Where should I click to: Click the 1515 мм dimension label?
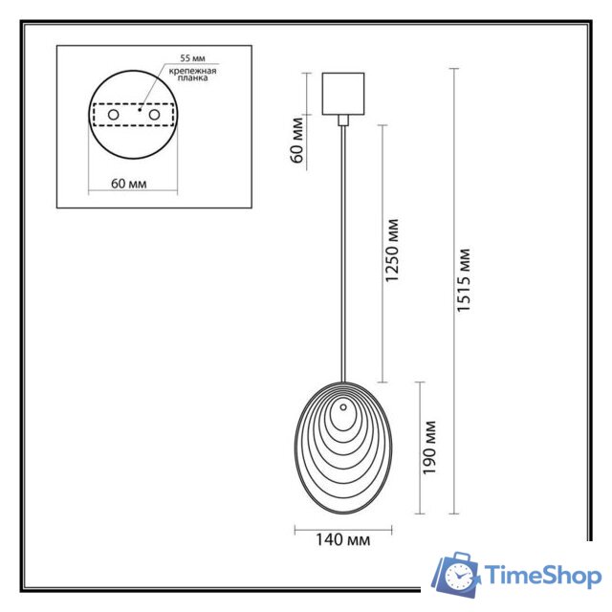pyautogui.click(x=464, y=282)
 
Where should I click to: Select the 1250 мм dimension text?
pyautogui.click(x=392, y=253)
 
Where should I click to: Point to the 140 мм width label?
pyautogui.click(x=342, y=540)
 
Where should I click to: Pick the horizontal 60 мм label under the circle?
pyautogui.click(x=129, y=183)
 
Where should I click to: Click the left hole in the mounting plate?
pyautogui.click(x=114, y=115)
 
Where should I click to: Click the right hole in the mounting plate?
pyautogui.click(x=152, y=115)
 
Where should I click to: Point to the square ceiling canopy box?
pyautogui.click(x=343, y=94)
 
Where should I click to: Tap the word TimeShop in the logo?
pyautogui.click(x=541, y=575)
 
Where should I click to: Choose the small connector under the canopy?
pyautogui.click(x=343, y=120)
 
